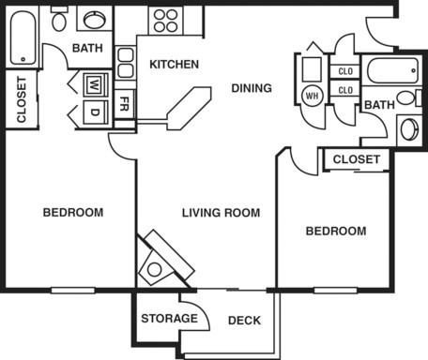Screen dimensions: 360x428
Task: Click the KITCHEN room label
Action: [174, 65]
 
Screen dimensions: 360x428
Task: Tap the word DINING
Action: [252, 88]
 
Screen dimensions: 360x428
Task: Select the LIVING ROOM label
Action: [221, 213]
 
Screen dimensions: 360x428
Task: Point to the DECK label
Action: [244, 321]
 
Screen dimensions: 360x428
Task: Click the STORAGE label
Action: [169, 319]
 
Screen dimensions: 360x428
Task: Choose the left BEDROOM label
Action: [73, 213]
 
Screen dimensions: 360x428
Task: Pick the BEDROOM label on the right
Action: [336, 231]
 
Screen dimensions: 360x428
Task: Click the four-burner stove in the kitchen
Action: [165, 21]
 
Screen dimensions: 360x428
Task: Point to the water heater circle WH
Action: [312, 94]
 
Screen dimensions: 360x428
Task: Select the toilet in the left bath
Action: [59, 19]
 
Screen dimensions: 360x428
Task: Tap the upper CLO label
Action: [344, 71]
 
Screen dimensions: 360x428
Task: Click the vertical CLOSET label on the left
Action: [21, 99]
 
